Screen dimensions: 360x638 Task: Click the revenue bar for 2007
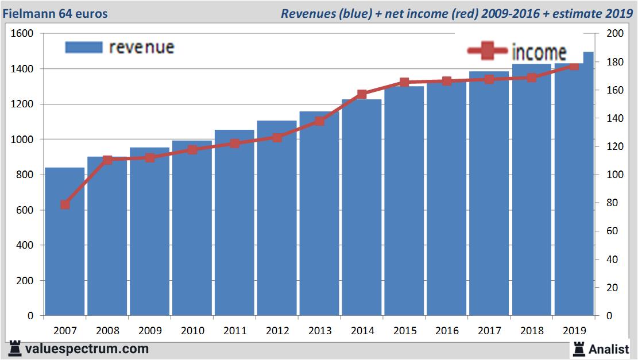coord(65,241)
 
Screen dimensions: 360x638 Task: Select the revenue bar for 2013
coord(319,218)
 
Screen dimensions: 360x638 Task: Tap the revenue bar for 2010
coord(192,230)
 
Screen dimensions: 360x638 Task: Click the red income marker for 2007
coord(65,204)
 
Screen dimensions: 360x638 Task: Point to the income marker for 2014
coord(362,94)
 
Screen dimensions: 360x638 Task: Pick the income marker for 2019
coord(574,66)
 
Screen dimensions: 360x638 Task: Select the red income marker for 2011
coord(234,143)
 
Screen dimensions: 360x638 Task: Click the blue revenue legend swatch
coord(84,47)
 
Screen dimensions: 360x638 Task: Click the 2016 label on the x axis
coord(447,331)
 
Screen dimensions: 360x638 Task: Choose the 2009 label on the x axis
coord(149,331)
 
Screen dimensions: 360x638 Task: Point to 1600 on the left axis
coord(22,33)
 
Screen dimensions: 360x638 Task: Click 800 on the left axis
coord(25,175)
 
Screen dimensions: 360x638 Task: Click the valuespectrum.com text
coord(87,349)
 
